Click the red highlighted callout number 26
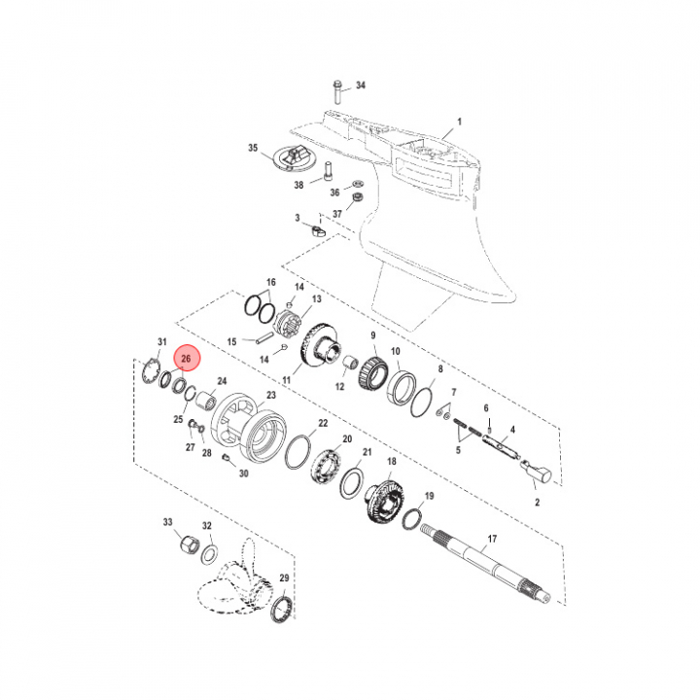[186, 358]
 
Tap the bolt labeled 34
[337, 91]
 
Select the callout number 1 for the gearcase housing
[459, 122]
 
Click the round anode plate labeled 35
[291, 158]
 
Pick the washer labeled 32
[209, 554]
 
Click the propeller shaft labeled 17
[486, 562]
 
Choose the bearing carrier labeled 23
[248, 428]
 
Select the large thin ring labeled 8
[422, 402]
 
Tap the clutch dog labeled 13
[288, 320]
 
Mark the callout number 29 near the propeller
[284, 577]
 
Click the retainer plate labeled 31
[151, 370]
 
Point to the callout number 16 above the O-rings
[271, 282]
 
